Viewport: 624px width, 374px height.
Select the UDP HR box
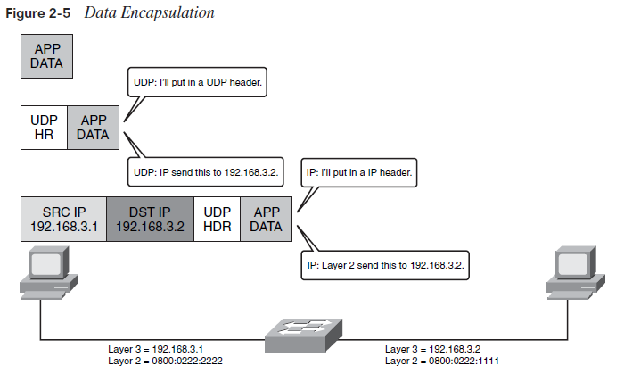click(44, 127)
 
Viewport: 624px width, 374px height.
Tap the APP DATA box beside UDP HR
click(94, 127)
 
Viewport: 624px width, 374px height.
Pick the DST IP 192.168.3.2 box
click(150, 219)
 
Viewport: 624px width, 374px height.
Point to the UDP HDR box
click(218, 219)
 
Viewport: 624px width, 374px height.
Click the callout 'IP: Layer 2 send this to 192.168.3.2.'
click(384, 265)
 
